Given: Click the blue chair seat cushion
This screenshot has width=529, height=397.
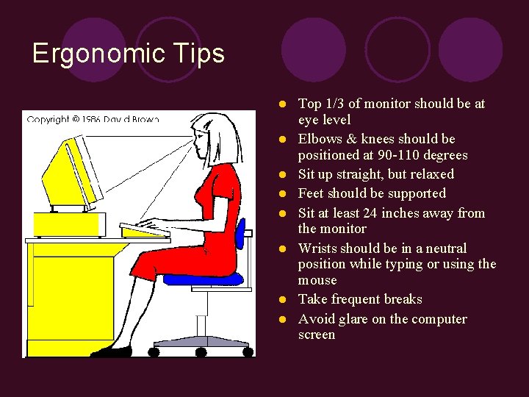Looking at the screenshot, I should coord(203,278).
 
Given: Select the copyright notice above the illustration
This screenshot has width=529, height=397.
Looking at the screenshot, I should coord(93,119).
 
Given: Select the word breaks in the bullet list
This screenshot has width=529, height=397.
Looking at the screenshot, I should coord(403,299).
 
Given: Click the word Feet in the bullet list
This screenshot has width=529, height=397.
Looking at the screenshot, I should coord(311,193).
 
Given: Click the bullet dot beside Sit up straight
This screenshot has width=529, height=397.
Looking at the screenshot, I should coord(281,175).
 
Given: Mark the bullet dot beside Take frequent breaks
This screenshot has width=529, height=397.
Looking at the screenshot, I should coord(281,300).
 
